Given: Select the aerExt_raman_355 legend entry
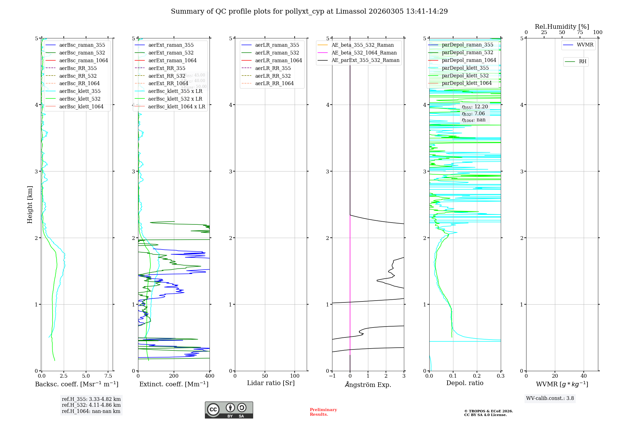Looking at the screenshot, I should point(171,45).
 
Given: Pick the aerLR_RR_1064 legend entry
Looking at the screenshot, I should point(274,83).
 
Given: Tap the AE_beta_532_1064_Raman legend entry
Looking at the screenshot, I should point(364,53).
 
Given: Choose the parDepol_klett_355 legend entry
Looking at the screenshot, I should point(465,68).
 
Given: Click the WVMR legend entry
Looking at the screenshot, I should point(585,45).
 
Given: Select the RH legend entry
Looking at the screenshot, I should point(582,62).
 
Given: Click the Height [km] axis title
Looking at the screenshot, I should point(30,204).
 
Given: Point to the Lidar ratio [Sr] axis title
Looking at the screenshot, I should point(271,383).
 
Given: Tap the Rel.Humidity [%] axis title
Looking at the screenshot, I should point(562,27).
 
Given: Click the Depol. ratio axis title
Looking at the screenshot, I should point(465,383).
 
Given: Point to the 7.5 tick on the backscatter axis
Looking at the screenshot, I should point(108,376).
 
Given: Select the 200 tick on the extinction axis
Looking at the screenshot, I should point(174,376).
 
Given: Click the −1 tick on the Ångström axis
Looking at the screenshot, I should point(332,376).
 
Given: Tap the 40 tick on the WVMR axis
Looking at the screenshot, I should point(584,376).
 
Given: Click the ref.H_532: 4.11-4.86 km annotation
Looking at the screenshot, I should point(91,405).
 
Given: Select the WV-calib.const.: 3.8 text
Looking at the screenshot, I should point(550,398).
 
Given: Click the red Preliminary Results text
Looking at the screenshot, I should point(323,412).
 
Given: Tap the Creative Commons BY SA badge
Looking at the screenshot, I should point(229,410).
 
